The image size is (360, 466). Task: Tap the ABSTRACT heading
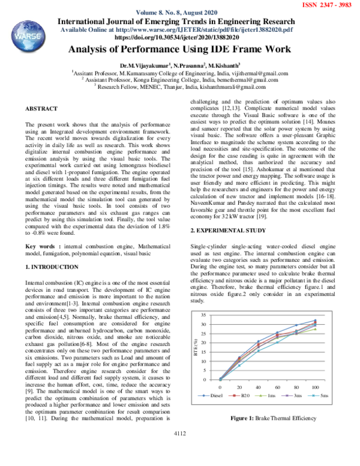pyautogui.click(x=41, y=108)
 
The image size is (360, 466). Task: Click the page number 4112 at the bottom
pyautogui.click(x=179, y=432)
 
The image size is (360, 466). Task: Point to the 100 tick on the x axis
pyautogui.click(x=315, y=387)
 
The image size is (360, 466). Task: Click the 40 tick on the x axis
pyautogui.click(x=259, y=387)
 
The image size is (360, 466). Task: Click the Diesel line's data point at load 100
pyautogui.click(x=315, y=321)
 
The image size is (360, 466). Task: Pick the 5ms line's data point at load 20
pyautogui.click(x=239, y=365)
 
